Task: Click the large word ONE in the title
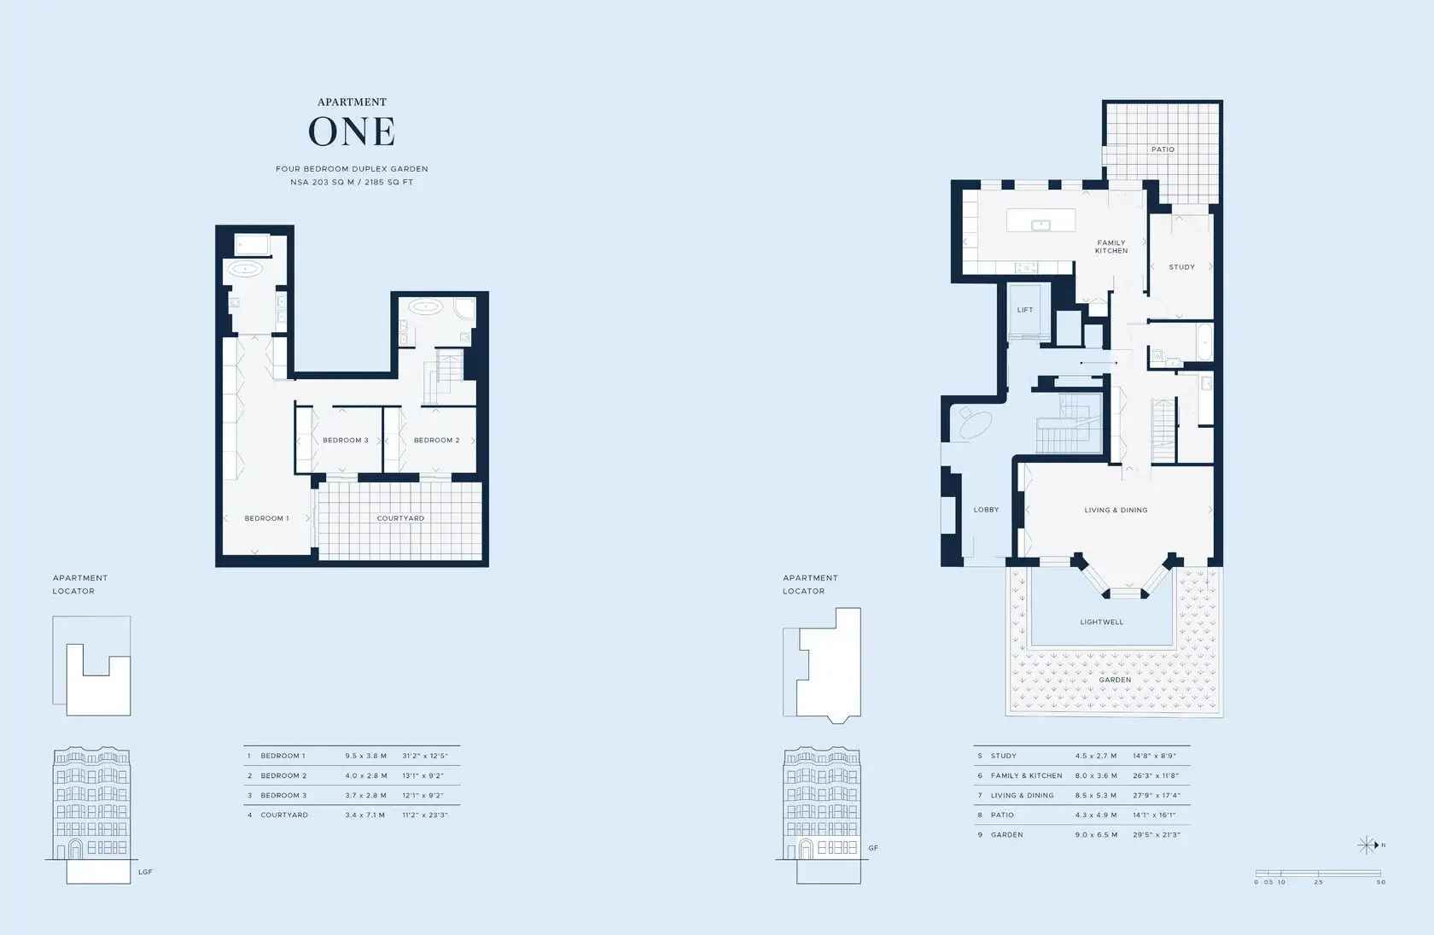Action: coord(352,131)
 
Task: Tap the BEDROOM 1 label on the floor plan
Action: coord(266,518)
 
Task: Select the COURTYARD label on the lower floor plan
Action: coord(400,518)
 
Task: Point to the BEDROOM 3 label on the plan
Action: coord(345,440)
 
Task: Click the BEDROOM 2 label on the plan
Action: coord(437,440)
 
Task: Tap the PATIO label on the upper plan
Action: coord(1163,149)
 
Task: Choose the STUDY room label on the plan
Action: coord(1181,267)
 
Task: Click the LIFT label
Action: coord(1025,310)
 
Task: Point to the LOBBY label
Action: coord(986,510)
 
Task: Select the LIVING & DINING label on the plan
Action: coord(1116,511)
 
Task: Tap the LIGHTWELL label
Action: coord(1102,622)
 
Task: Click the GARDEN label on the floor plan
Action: coord(1115,680)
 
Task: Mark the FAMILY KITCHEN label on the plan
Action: coord(1111,247)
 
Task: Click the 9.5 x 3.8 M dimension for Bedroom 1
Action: coord(365,756)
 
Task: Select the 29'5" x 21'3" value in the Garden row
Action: coord(1156,834)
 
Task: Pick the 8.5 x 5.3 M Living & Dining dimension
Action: coord(1096,796)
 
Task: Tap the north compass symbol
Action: coord(1367,845)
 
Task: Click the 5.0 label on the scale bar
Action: coord(1381,882)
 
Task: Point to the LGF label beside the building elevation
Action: coord(145,872)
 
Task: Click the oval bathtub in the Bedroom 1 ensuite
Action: coord(243,269)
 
